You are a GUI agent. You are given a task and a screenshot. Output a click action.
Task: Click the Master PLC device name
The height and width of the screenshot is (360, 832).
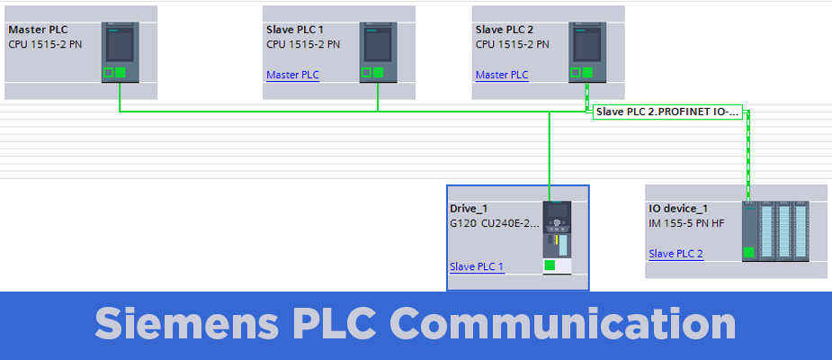38,29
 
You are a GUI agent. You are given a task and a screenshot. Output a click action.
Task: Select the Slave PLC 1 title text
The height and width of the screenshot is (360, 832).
295,29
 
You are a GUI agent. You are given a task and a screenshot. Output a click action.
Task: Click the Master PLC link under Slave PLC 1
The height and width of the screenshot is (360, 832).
292,75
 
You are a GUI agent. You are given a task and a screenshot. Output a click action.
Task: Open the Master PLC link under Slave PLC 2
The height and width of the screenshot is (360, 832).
502,75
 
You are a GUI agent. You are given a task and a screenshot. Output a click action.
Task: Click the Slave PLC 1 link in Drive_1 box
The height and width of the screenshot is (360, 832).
477,266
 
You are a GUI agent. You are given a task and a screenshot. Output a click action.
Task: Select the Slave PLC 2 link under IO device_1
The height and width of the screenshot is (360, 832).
676,254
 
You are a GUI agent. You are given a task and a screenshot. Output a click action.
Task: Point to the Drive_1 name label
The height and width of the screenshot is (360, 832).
469,209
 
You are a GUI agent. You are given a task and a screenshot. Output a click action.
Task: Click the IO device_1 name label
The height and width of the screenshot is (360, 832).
678,209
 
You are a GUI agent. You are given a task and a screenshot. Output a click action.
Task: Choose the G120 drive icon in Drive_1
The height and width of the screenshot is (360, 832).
558,236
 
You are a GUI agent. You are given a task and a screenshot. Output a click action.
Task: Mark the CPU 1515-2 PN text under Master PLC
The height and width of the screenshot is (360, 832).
45,44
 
